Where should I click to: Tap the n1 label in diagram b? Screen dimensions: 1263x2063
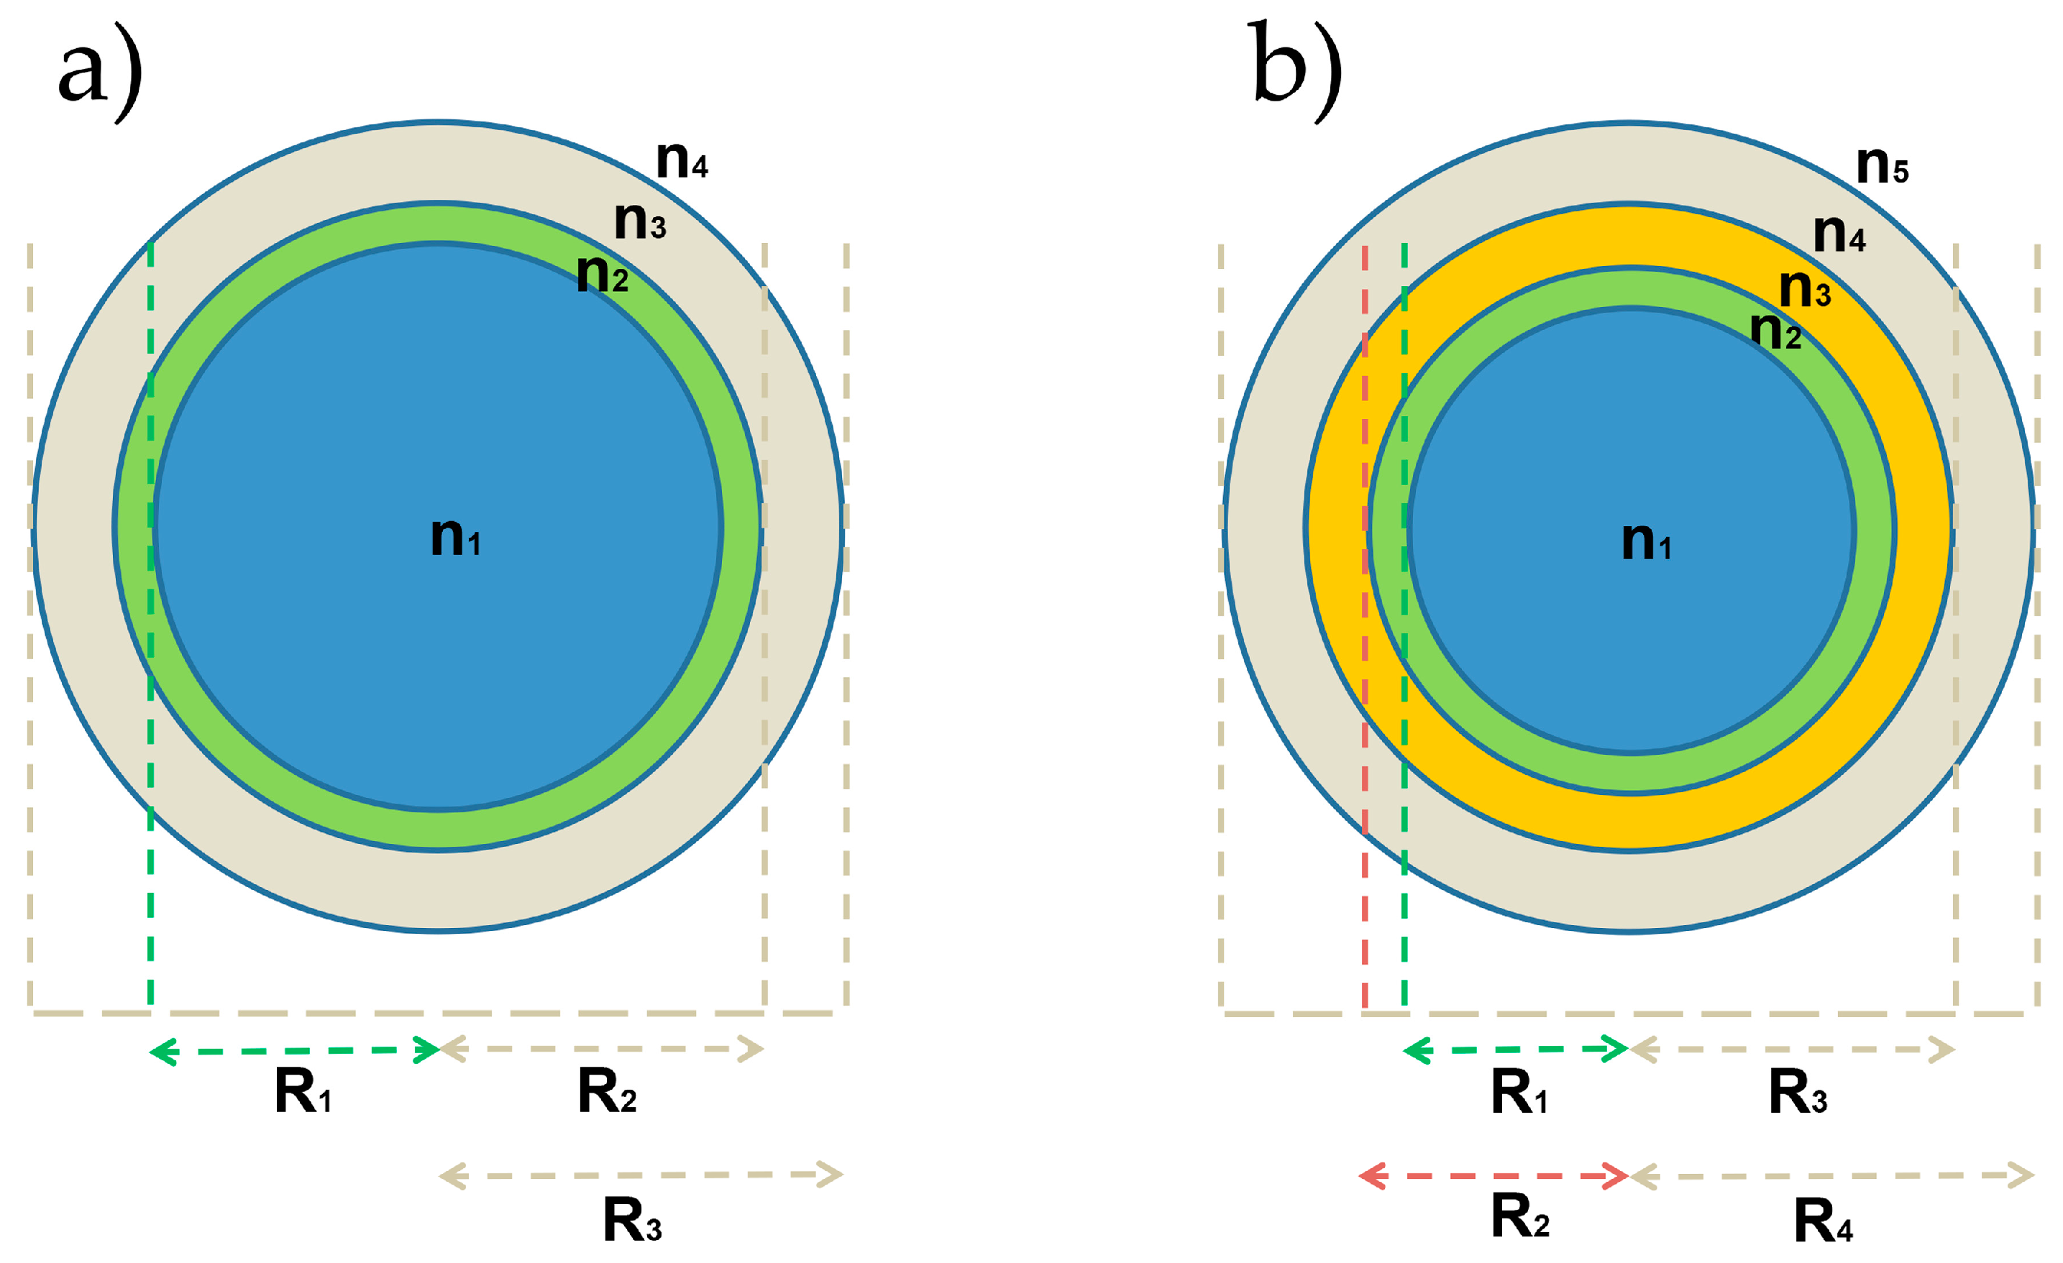coord(1646,541)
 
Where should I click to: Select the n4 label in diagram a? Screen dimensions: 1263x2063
coord(682,159)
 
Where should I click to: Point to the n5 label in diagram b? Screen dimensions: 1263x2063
coord(1882,165)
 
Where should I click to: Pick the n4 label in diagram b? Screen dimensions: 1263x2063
coord(1839,234)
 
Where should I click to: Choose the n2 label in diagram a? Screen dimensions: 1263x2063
coord(602,273)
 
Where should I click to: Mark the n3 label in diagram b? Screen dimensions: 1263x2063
coord(1804,289)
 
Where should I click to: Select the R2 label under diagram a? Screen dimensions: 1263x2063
coord(607,1091)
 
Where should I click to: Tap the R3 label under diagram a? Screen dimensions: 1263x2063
coord(632,1219)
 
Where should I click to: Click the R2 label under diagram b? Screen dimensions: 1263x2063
coord(1519,1216)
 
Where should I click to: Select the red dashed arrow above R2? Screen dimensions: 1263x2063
coord(1493,1176)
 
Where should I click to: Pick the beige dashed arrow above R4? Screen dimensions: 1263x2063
coord(1833,1176)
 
